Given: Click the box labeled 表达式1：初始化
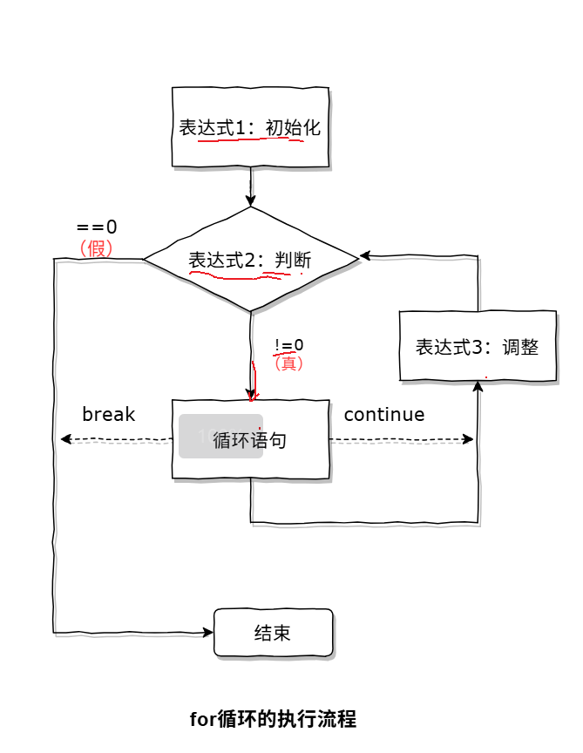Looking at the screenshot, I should click(x=250, y=127).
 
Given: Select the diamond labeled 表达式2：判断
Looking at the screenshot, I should click(x=250, y=259).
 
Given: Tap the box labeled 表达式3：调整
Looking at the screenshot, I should click(x=477, y=346).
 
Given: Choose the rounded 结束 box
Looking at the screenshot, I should click(x=273, y=633).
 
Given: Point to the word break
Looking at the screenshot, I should click(x=108, y=414).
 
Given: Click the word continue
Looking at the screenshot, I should click(x=383, y=414).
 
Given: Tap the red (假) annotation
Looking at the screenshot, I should click(x=96, y=248).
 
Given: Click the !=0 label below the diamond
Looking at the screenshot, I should click(x=288, y=345).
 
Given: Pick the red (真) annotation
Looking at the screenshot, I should click(x=288, y=363).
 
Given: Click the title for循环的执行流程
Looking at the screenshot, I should click(x=273, y=719).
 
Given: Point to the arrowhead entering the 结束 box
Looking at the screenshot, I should click(x=208, y=632).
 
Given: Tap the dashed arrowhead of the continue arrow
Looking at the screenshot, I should click(x=469, y=439).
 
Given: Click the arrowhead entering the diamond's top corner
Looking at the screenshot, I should click(x=251, y=201).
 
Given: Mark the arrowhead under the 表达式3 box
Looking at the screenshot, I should click(x=478, y=386).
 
